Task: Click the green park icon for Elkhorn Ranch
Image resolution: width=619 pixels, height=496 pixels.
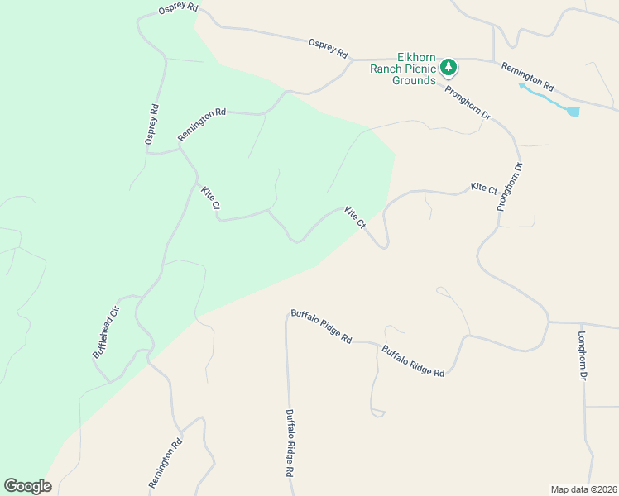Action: point(449,66)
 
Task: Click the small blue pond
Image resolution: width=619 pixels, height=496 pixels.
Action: point(573,111)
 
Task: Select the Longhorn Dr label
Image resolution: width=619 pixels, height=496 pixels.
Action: point(583,356)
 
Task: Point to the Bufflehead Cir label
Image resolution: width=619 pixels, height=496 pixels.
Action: point(106,331)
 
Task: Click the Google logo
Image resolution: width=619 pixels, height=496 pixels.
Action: point(27,486)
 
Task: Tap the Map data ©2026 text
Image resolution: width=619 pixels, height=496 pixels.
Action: point(583,489)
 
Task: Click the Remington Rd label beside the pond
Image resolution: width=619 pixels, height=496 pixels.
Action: point(527,75)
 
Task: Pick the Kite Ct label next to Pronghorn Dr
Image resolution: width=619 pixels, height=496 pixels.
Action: point(484,188)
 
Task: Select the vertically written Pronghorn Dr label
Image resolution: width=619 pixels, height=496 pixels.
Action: point(510,187)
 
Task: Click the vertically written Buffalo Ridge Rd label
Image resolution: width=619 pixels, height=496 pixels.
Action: point(290,443)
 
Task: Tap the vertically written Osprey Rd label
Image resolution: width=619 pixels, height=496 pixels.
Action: point(151,125)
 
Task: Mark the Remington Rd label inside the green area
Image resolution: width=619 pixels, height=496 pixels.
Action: point(202,124)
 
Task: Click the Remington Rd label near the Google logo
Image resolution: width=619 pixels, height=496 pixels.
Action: point(165,463)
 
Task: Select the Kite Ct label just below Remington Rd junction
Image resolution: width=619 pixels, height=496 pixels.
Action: point(210,198)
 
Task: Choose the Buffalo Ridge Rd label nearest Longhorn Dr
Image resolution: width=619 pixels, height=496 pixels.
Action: point(413,361)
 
